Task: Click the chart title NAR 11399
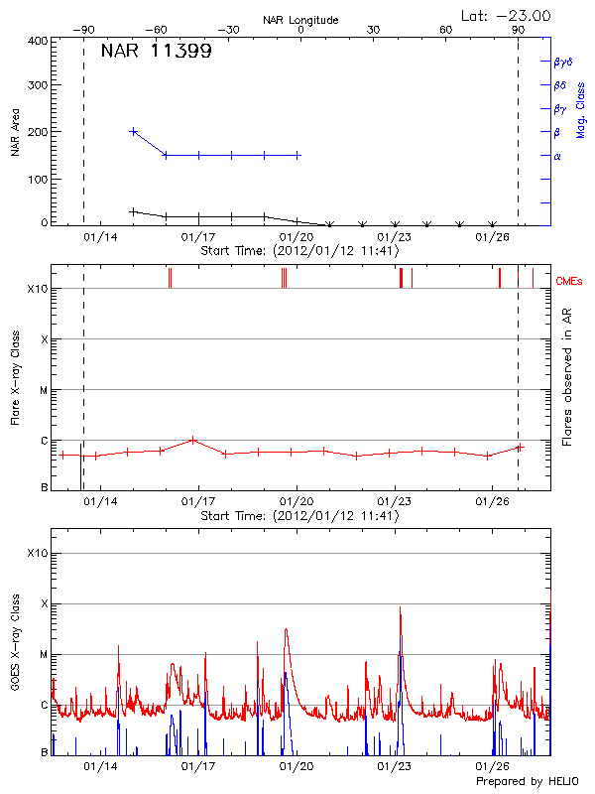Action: point(156,53)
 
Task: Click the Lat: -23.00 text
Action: point(507,15)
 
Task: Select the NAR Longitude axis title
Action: point(300,20)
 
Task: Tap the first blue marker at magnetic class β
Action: point(134,131)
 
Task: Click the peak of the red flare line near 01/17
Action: point(193,440)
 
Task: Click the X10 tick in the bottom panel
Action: point(37,553)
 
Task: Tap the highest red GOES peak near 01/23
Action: point(401,607)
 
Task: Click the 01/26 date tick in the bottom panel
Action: point(493,767)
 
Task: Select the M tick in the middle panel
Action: point(43,390)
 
